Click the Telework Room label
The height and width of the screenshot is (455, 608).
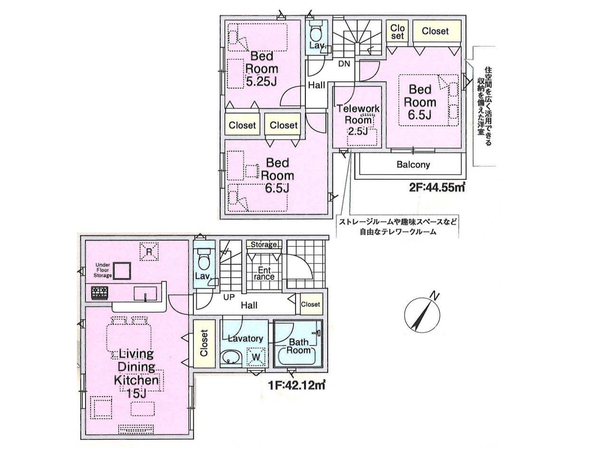point(358,114)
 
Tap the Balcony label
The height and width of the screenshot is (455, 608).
point(413,165)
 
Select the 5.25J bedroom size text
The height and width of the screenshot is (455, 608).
point(261,81)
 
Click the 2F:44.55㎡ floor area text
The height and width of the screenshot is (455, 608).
point(437,188)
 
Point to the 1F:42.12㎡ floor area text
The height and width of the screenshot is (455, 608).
point(296,385)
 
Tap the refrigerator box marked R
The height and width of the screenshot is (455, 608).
point(149,251)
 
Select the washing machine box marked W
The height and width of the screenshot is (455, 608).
point(256,357)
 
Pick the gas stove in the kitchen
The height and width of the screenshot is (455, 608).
point(100,293)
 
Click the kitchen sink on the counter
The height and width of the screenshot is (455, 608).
point(145,294)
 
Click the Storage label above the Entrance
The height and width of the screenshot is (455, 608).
point(264,244)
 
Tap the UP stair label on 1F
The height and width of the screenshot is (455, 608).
point(229,297)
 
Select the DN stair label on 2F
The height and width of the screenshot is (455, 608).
point(344,64)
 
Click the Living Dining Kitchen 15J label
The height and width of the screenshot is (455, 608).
point(136,374)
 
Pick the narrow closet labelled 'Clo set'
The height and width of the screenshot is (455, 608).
point(397,32)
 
